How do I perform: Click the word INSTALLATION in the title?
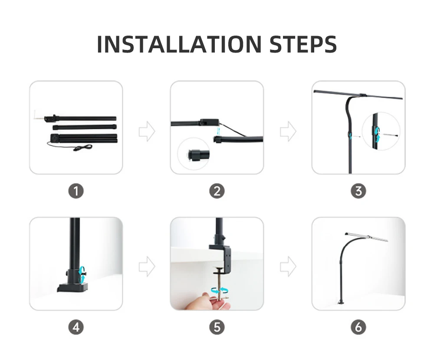pos(179,44)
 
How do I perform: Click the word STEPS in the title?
pos(303,44)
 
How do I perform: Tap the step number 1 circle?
pos(76,191)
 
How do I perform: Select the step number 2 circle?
pos(217,191)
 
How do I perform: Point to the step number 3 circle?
pos(358,191)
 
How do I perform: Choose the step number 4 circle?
pos(76,327)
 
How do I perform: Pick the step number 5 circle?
pos(217,327)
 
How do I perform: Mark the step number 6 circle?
pos(358,327)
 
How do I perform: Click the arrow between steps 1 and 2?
pos(147,131)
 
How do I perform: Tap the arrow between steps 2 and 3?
pos(288,131)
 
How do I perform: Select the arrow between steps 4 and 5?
pos(147,266)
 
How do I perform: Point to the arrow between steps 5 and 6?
pos(288,266)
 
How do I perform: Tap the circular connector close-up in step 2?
pos(194,154)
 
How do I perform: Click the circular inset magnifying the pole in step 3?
pos(381,131)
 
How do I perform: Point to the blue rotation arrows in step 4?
pos(82,275)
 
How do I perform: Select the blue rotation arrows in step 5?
pos(220,291)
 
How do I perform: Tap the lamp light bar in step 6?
pos(366,237)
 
